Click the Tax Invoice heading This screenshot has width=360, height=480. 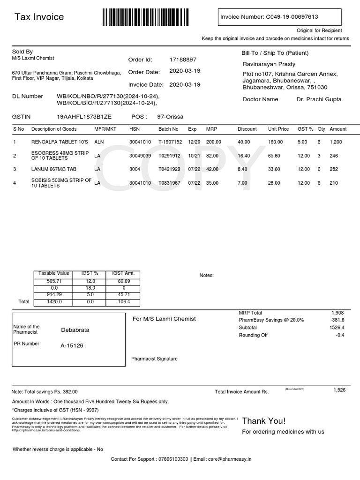click(39, 17)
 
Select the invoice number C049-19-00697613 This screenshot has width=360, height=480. click(292, 17)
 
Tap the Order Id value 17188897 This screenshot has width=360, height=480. click(183, 60)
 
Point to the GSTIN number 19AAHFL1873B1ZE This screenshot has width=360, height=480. click(84, 117)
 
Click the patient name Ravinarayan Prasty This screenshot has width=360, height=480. click(269, 64)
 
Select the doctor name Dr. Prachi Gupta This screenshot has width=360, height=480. click(319, 99)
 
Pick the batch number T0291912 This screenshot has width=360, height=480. click(169, 156)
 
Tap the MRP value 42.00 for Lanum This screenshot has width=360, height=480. click(212, 169)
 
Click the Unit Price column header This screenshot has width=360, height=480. click(278, 129)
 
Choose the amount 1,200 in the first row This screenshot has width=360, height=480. click(337, 142)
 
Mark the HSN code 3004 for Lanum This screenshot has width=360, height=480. click(135, 169)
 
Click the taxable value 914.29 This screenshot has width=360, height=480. click(54, 294)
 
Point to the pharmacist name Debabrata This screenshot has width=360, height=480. click(75, 330)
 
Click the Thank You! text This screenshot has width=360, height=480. click(263, 420)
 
